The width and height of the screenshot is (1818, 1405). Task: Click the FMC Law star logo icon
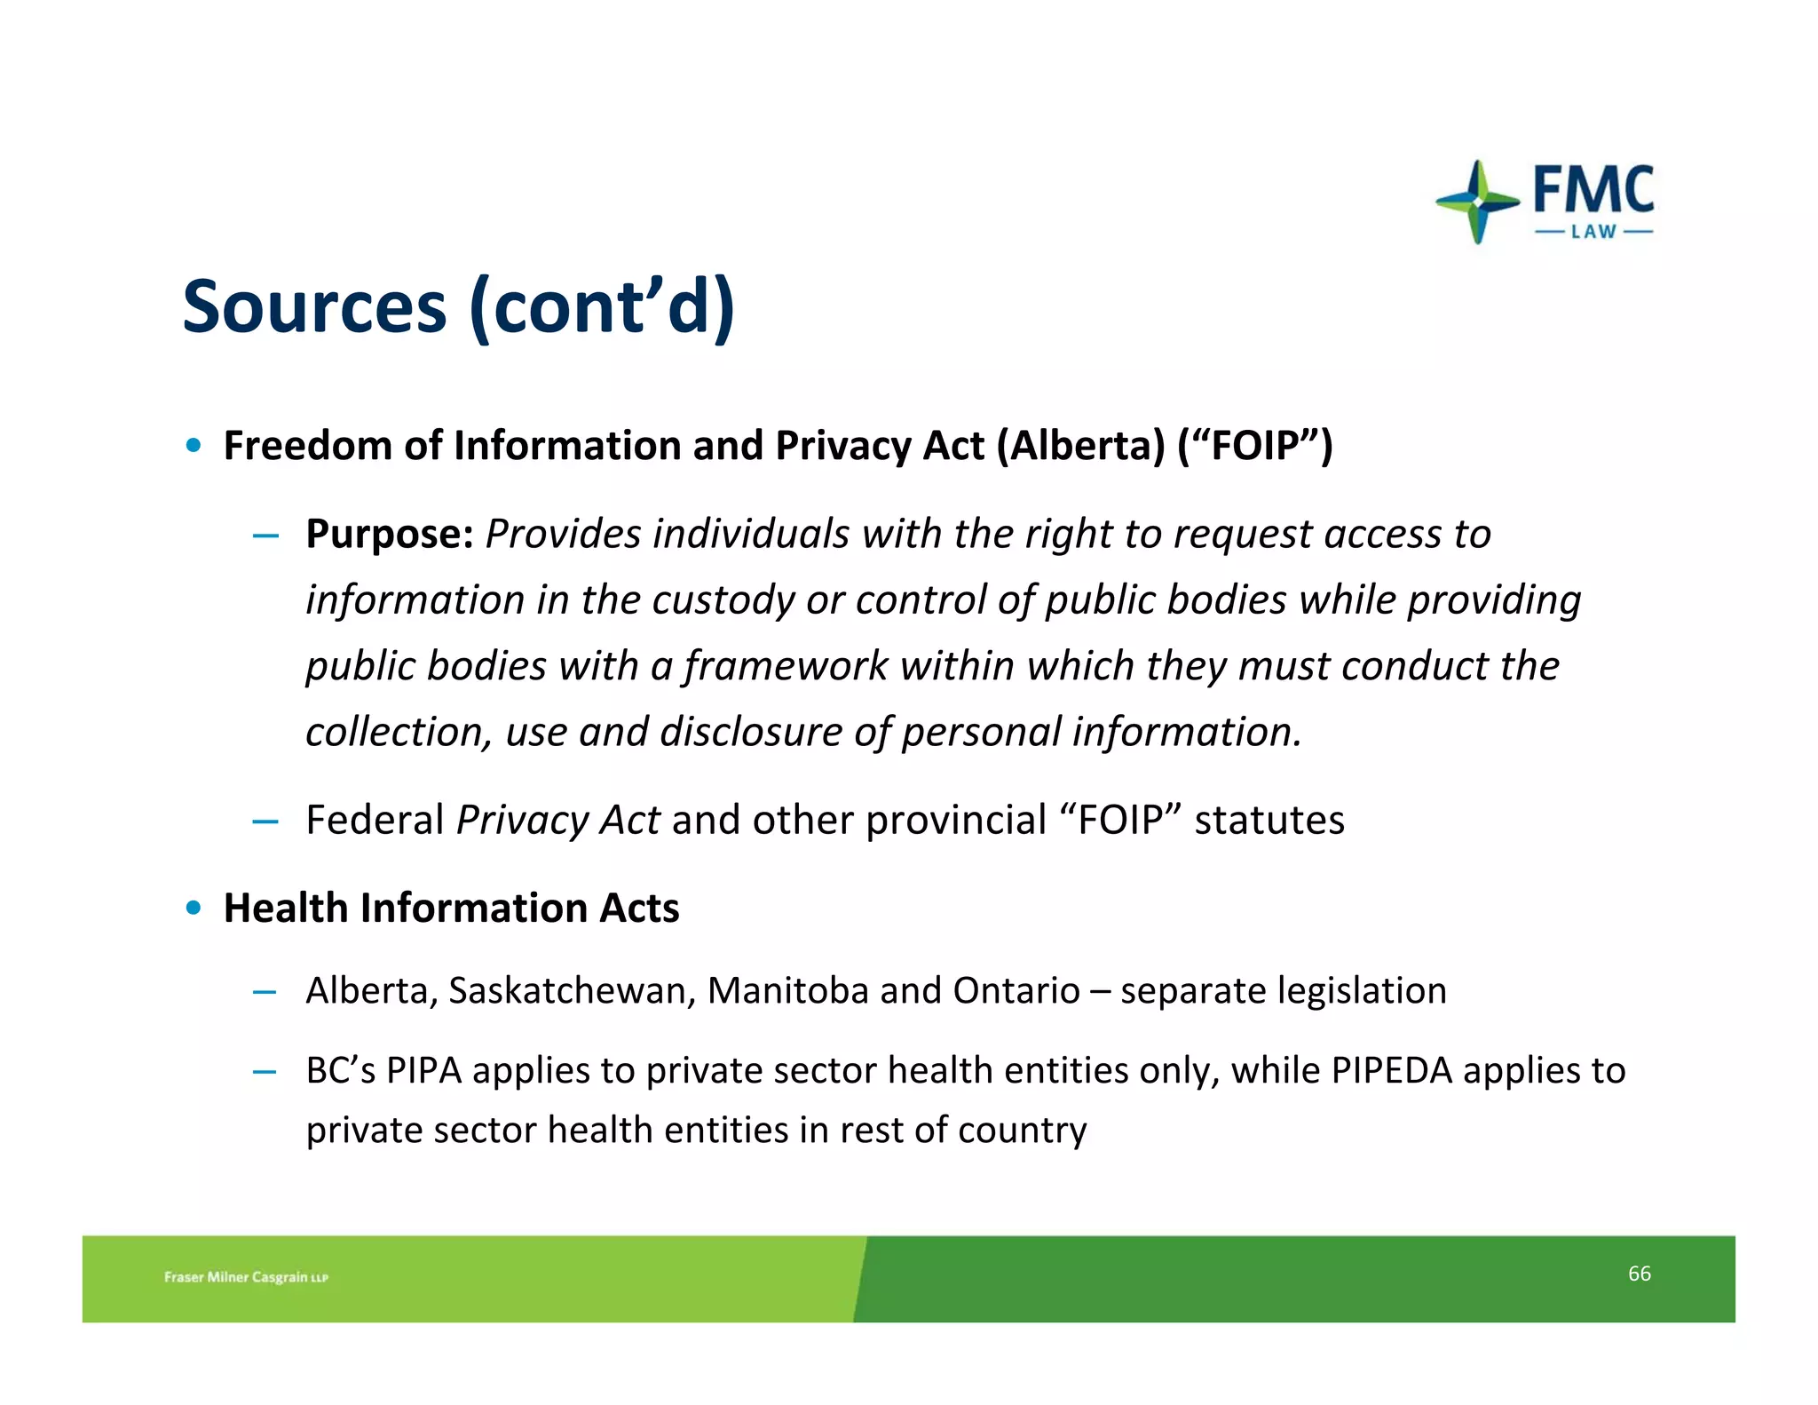1476,202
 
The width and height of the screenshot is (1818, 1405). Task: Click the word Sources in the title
314,306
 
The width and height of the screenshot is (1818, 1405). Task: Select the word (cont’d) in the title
602,306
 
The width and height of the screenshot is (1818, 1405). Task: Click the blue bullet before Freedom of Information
194,445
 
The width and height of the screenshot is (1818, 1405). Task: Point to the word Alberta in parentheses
1080,445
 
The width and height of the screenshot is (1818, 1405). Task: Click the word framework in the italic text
786,665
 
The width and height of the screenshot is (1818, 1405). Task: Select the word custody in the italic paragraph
723,599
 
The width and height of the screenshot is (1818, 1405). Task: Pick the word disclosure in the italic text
751,732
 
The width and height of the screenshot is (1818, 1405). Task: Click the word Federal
375,819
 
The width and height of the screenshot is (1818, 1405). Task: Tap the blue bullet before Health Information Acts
194,908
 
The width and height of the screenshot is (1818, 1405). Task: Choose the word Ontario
1016,990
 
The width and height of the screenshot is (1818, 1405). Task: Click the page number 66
1639,1274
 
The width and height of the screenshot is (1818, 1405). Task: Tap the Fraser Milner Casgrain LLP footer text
246,1277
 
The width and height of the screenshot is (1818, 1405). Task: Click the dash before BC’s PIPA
265,1072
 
